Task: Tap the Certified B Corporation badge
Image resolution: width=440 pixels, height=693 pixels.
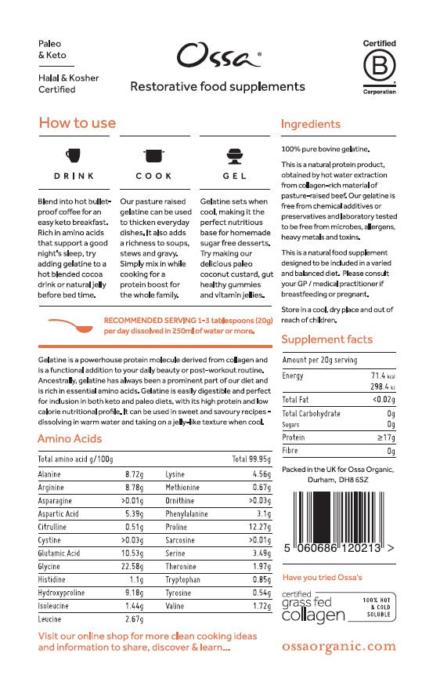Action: (379, 67)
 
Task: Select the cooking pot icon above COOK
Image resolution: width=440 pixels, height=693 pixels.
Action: (153, 154)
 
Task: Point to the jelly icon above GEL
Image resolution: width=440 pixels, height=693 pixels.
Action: (233, 154)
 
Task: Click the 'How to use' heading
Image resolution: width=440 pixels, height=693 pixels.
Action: (77, 123)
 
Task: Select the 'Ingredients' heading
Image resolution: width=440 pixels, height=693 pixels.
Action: (310, 124)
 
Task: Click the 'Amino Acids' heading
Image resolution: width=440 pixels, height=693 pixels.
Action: (70, 439)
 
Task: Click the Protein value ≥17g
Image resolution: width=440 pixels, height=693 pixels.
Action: (384, 437)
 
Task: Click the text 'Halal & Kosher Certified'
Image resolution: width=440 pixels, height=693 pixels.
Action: (57, 84)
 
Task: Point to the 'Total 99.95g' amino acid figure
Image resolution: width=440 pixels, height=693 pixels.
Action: (251, 459)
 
